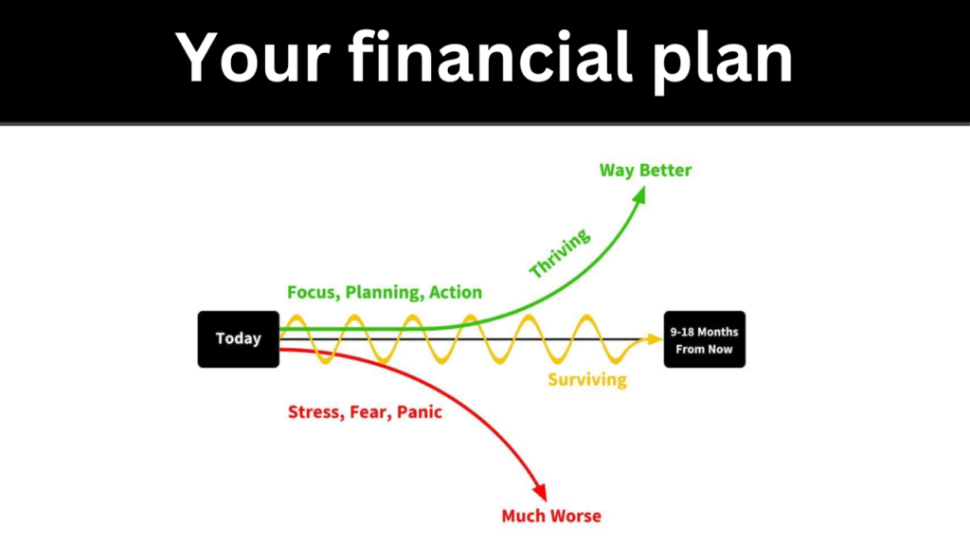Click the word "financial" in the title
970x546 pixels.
pyautogui.click(x=491, y=57)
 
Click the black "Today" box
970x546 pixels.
pyautogui.click(x=238, y=339)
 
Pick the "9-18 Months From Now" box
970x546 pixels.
pyautogui.click(x=705, y=339)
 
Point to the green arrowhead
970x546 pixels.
pyautogui.click(x=639, y=195)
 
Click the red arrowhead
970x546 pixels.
pyautogui.click(x=540, y=492)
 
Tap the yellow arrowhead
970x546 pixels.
pyautogui.click(x=655, y=339)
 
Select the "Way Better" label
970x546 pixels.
pyautogui.click(x=645, y=171)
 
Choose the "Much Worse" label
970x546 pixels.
pyautogui.click(x=551, y=516)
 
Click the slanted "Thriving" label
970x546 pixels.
pyautogui.click(x=560, y=253)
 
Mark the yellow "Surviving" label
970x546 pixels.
pyautogui.click(x=587, y=379)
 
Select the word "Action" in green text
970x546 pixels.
pyautogui.click(x=456, y=292)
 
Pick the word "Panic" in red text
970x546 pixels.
pyautogui.click(x=420, y=412)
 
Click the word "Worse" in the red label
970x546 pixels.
pyautogui.click(x=577, y=516)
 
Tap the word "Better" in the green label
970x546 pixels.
pyautogui.click(x=666, y=171)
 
